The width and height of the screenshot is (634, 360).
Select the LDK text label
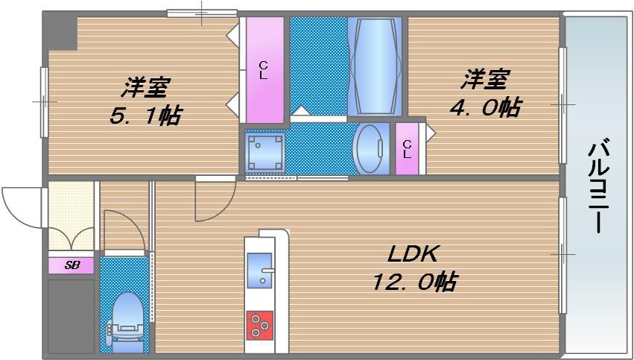(411, 254)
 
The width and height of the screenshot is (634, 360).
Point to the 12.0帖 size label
(415, 282)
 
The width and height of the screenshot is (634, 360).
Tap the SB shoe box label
(72, 265)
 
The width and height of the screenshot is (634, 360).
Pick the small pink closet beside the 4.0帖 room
(407, 148)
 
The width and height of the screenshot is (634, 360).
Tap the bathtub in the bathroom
(375, 66)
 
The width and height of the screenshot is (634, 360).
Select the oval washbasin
(369, 148)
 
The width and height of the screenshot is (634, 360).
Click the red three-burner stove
(260, 324)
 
